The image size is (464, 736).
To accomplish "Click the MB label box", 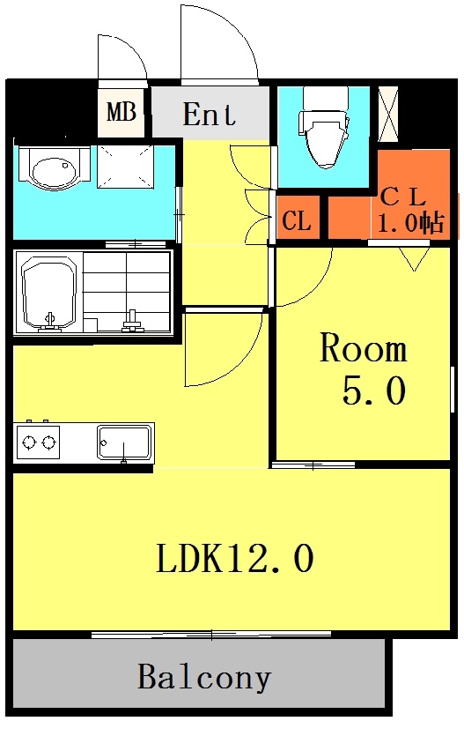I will [x=121, y=113].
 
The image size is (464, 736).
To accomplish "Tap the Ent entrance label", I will [x=210, y=114].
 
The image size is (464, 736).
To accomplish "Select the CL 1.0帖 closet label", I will [x=408, y=209].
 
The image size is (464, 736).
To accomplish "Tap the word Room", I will [x=363, y=349].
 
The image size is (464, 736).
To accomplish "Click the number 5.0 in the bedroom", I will [x=373, y=390].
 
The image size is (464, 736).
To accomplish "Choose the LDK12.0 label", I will [x=235, y=559].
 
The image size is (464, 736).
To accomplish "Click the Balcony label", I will [x=203, y=678].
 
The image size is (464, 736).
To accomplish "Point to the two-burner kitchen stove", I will [x=38, y=442].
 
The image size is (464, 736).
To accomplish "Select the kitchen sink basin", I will [x=124, y=442].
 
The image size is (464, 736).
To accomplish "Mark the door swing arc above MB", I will [x=122, y=60].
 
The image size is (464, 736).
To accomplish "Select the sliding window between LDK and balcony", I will [x=211, y=633].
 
